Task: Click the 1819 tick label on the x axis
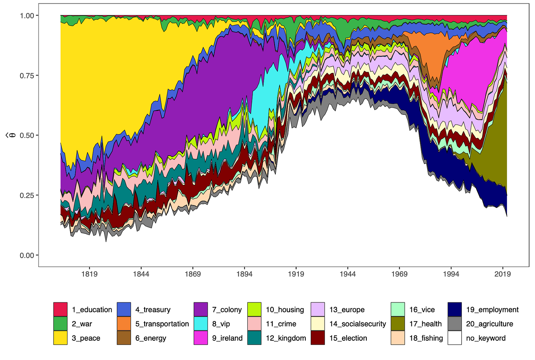click(x=89, y=274)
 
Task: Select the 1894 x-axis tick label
click(x=244, y=274)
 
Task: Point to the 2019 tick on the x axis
click(x=502, y=274)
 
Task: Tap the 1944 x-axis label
click(x=347, y=274)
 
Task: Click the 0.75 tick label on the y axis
click(x=27, y=75)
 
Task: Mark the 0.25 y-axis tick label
click(x=27, y=195)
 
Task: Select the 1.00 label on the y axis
click(x=27, y=15)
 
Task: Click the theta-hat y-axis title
click(x=12, y=135)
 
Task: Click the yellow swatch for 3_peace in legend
click(x=61, y=338)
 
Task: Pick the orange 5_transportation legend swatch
click(x=124, y=324)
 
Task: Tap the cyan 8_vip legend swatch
click(x=201, y=324)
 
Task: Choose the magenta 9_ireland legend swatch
click(x=201, y=338)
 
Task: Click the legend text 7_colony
click(x=227, y=310)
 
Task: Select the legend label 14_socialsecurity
click(x=358, y=324)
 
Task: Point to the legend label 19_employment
click(x=492, y=310)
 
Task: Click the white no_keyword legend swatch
click(x=455, y=338)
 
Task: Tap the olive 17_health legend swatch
click(x=398, y=324)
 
